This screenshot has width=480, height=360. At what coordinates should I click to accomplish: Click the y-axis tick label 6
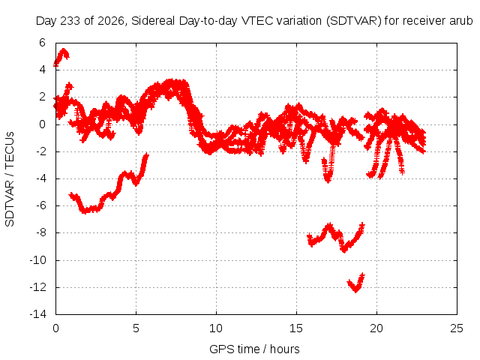pyautogui.click(x=42, y=43)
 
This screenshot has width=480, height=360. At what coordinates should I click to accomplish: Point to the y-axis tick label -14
pyautogui.click(x=37, y=314)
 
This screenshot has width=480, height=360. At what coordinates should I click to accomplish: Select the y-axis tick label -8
pyautogui.click(x=40, y=232)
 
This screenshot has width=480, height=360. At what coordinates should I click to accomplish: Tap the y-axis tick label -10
pyautogui.click(x=37, y=260)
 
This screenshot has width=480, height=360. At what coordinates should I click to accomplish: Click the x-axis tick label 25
pyautogui.click(x=457, y=328)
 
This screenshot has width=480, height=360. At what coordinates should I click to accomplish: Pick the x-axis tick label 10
pyautogui.click(x=216, y=328)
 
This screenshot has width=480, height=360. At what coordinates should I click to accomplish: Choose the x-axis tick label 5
pyautogui.click(x=136, y=328)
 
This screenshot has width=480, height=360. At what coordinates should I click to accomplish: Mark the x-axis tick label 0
pyautogui.click(x=55, y=328)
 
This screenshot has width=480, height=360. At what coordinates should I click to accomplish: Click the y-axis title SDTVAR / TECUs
pyautogui.click(x=10, y=179)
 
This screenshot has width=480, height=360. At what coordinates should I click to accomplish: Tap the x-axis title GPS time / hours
pyautogui.click(x=254, y=349)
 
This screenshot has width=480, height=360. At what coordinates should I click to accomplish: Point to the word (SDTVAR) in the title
pyautogui.click(x=353, y=21)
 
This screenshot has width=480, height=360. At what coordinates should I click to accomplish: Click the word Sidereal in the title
pyautogui.click(x=153, y=21)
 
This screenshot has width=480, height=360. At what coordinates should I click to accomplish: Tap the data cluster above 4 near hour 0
pyautogui.click(x=61, y=57)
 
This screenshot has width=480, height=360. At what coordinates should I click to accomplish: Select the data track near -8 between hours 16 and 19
pyautogui.click(x=336, y=238)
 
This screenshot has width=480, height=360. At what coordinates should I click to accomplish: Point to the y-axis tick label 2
pyautogui.click(x=42, y=97)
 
